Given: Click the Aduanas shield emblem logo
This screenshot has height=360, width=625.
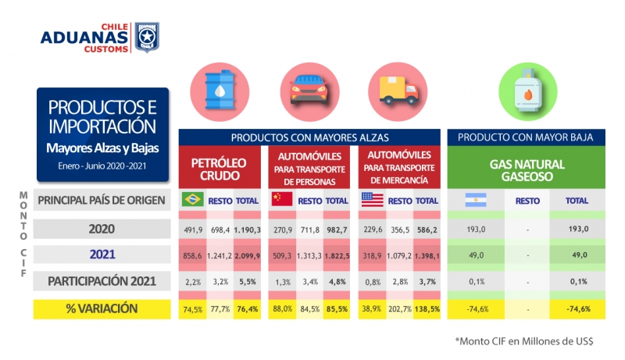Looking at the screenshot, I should click(147, 37).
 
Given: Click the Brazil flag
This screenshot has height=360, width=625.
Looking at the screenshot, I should click(191, 200).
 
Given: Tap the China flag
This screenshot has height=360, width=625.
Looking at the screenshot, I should click(281, 200).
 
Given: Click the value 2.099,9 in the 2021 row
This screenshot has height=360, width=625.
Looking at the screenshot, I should click(247, 255).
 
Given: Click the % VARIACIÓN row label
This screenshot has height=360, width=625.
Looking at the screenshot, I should click(102, 308).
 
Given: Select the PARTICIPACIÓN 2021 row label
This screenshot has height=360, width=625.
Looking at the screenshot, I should click(102, 280).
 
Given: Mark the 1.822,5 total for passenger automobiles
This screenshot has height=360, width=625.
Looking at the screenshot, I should click(336, 255).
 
